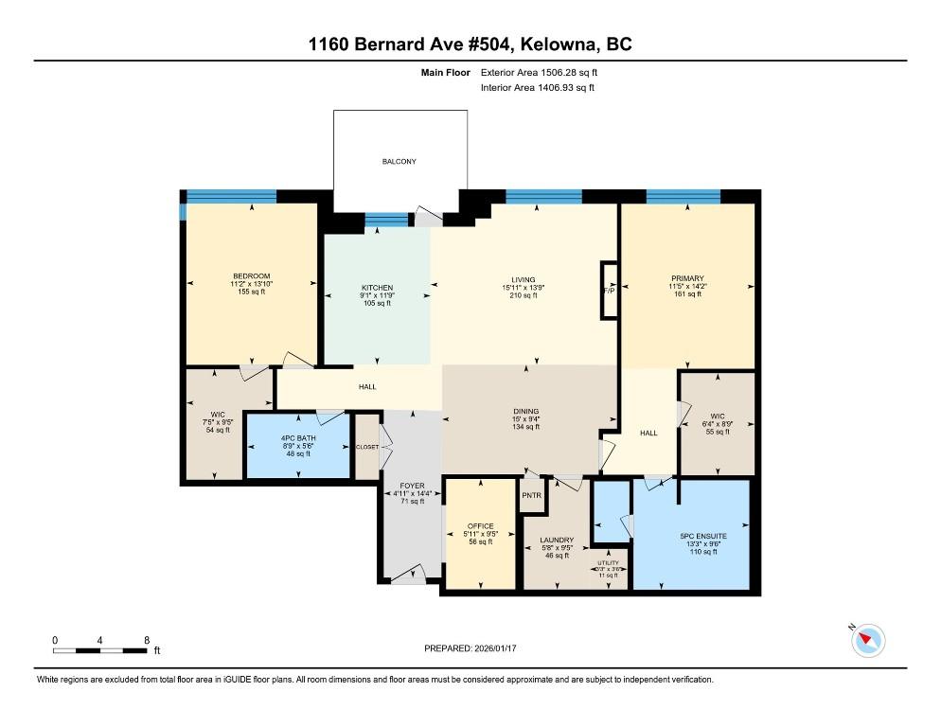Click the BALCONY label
(399, 162)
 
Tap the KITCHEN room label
(377, 288)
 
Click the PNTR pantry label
(532, 494)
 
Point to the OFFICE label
(481, 526)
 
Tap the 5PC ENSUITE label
(702, 536)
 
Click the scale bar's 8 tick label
(146, 640)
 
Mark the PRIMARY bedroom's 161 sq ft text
(687, 295)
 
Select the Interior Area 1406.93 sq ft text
(538, 88)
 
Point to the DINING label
(525, 411)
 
